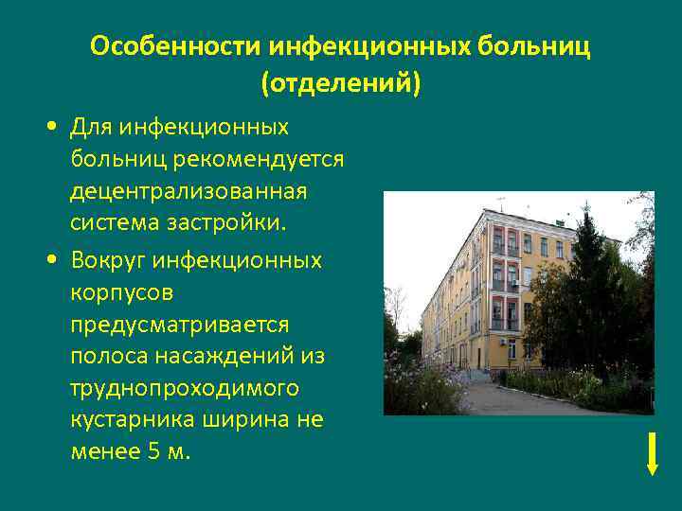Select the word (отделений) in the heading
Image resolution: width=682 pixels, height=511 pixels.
click(x=340, y=84)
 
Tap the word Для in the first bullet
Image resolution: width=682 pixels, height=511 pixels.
click(x=92, y=126)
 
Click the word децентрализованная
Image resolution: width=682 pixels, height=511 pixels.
click(x=188, y=191)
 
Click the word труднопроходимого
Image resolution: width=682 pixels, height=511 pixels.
click(x=185, y=388)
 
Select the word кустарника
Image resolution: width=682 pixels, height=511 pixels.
click(x=129, y=420)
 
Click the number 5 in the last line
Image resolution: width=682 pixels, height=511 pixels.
click(x=155, y=452)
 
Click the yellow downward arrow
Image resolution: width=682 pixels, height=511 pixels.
click(x=652, y=451)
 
